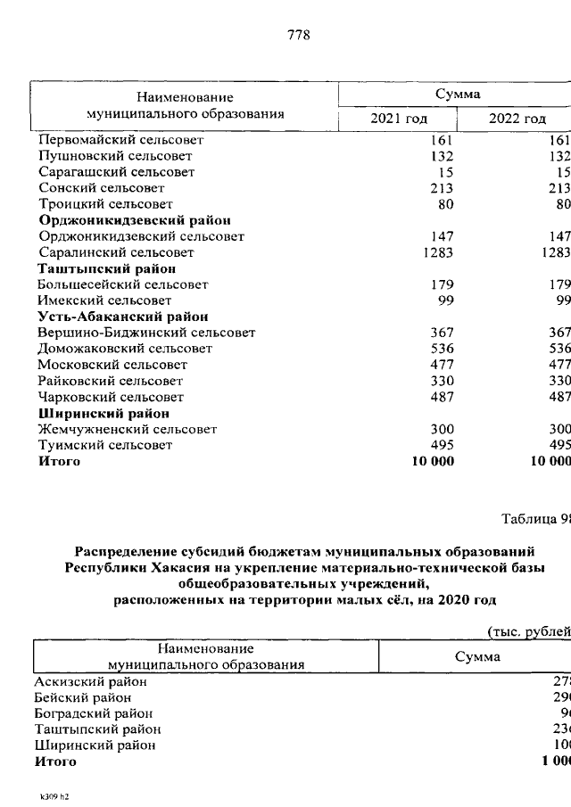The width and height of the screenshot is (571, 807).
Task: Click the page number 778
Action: point(298,36)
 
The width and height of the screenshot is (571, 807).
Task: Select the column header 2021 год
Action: point(399,119)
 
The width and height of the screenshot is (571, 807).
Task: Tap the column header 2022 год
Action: point(517,119)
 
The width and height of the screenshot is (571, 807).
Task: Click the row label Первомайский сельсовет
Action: point(121,140)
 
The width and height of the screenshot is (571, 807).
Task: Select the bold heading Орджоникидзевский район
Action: point(135,220)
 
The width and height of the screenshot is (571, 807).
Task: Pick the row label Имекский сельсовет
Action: point(104,301)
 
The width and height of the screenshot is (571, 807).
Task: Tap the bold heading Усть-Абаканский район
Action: point(123,317)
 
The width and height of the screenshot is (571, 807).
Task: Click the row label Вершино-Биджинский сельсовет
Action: point(146,333)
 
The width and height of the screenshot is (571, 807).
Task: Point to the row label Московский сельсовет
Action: point(112,365)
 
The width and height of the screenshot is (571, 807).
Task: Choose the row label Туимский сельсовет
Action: point(104,445)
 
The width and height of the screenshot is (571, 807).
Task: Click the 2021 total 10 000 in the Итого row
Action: point(432,461)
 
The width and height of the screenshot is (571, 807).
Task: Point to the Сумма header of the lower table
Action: point(477,657)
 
